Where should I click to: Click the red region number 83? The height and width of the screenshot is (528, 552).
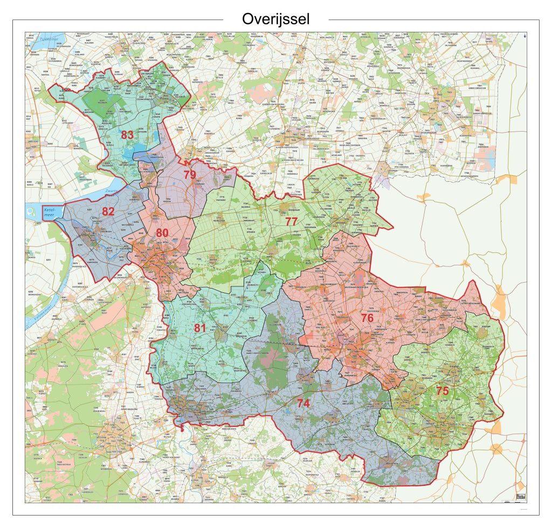pos(127,135)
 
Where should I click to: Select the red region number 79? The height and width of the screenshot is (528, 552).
pos(189,175)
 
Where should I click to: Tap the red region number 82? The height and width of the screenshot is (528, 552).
pos(108,211)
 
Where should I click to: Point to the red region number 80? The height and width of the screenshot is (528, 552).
pos(162,233)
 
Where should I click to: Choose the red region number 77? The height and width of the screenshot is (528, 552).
pos(291,221)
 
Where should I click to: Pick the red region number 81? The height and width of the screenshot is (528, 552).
pos(200,328)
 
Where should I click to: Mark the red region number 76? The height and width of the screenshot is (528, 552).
pos(367,318)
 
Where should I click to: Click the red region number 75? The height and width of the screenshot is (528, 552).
pos(442,390)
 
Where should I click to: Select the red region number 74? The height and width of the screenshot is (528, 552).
pos(303,402)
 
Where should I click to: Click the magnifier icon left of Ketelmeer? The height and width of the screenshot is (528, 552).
pos(32,212)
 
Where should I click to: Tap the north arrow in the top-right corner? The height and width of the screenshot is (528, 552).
pos(525,36)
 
